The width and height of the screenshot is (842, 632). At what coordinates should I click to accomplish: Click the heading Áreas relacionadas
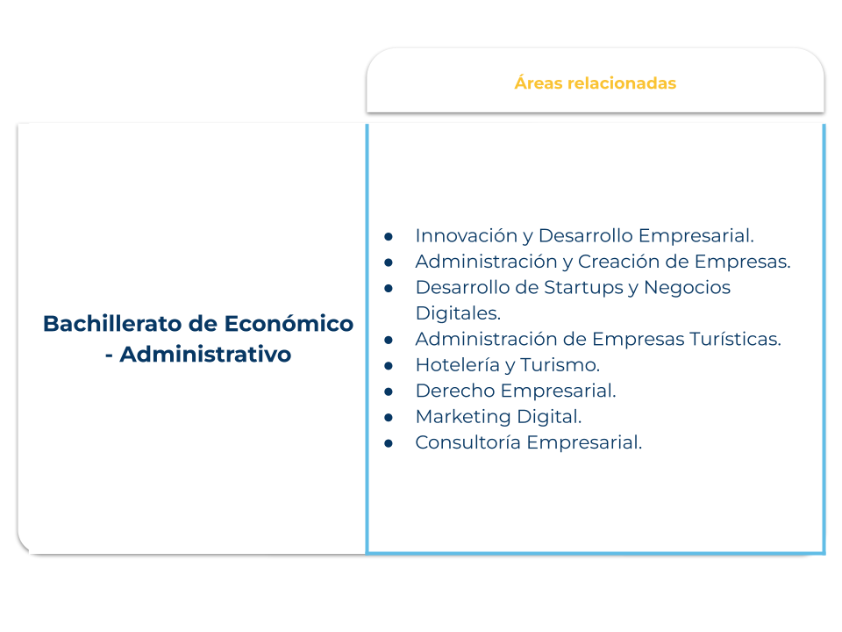(595, 83)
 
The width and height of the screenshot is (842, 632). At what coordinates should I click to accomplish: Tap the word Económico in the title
(289, 324)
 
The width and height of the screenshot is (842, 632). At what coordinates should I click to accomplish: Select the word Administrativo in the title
(205, 354)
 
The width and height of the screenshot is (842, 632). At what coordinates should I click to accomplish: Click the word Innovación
(466, 235)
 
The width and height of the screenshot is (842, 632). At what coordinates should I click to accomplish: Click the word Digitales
(458, 312)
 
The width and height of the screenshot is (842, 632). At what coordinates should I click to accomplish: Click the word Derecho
(455, 391)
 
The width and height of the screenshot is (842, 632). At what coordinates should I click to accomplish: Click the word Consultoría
(467, 442)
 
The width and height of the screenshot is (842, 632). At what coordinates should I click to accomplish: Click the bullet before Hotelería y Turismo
(389, 366)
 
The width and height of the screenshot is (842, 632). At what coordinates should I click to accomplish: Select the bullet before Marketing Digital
(389, 418)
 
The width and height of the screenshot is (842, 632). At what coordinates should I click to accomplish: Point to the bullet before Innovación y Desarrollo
(389, 236)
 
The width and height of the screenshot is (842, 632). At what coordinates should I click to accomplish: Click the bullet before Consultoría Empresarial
(389, 443)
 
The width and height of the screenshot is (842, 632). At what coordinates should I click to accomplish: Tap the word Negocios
(688, 288)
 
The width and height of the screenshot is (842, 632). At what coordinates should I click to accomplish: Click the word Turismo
(560, 365)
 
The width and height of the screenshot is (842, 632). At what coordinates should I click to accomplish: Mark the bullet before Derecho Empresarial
(389, 391)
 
